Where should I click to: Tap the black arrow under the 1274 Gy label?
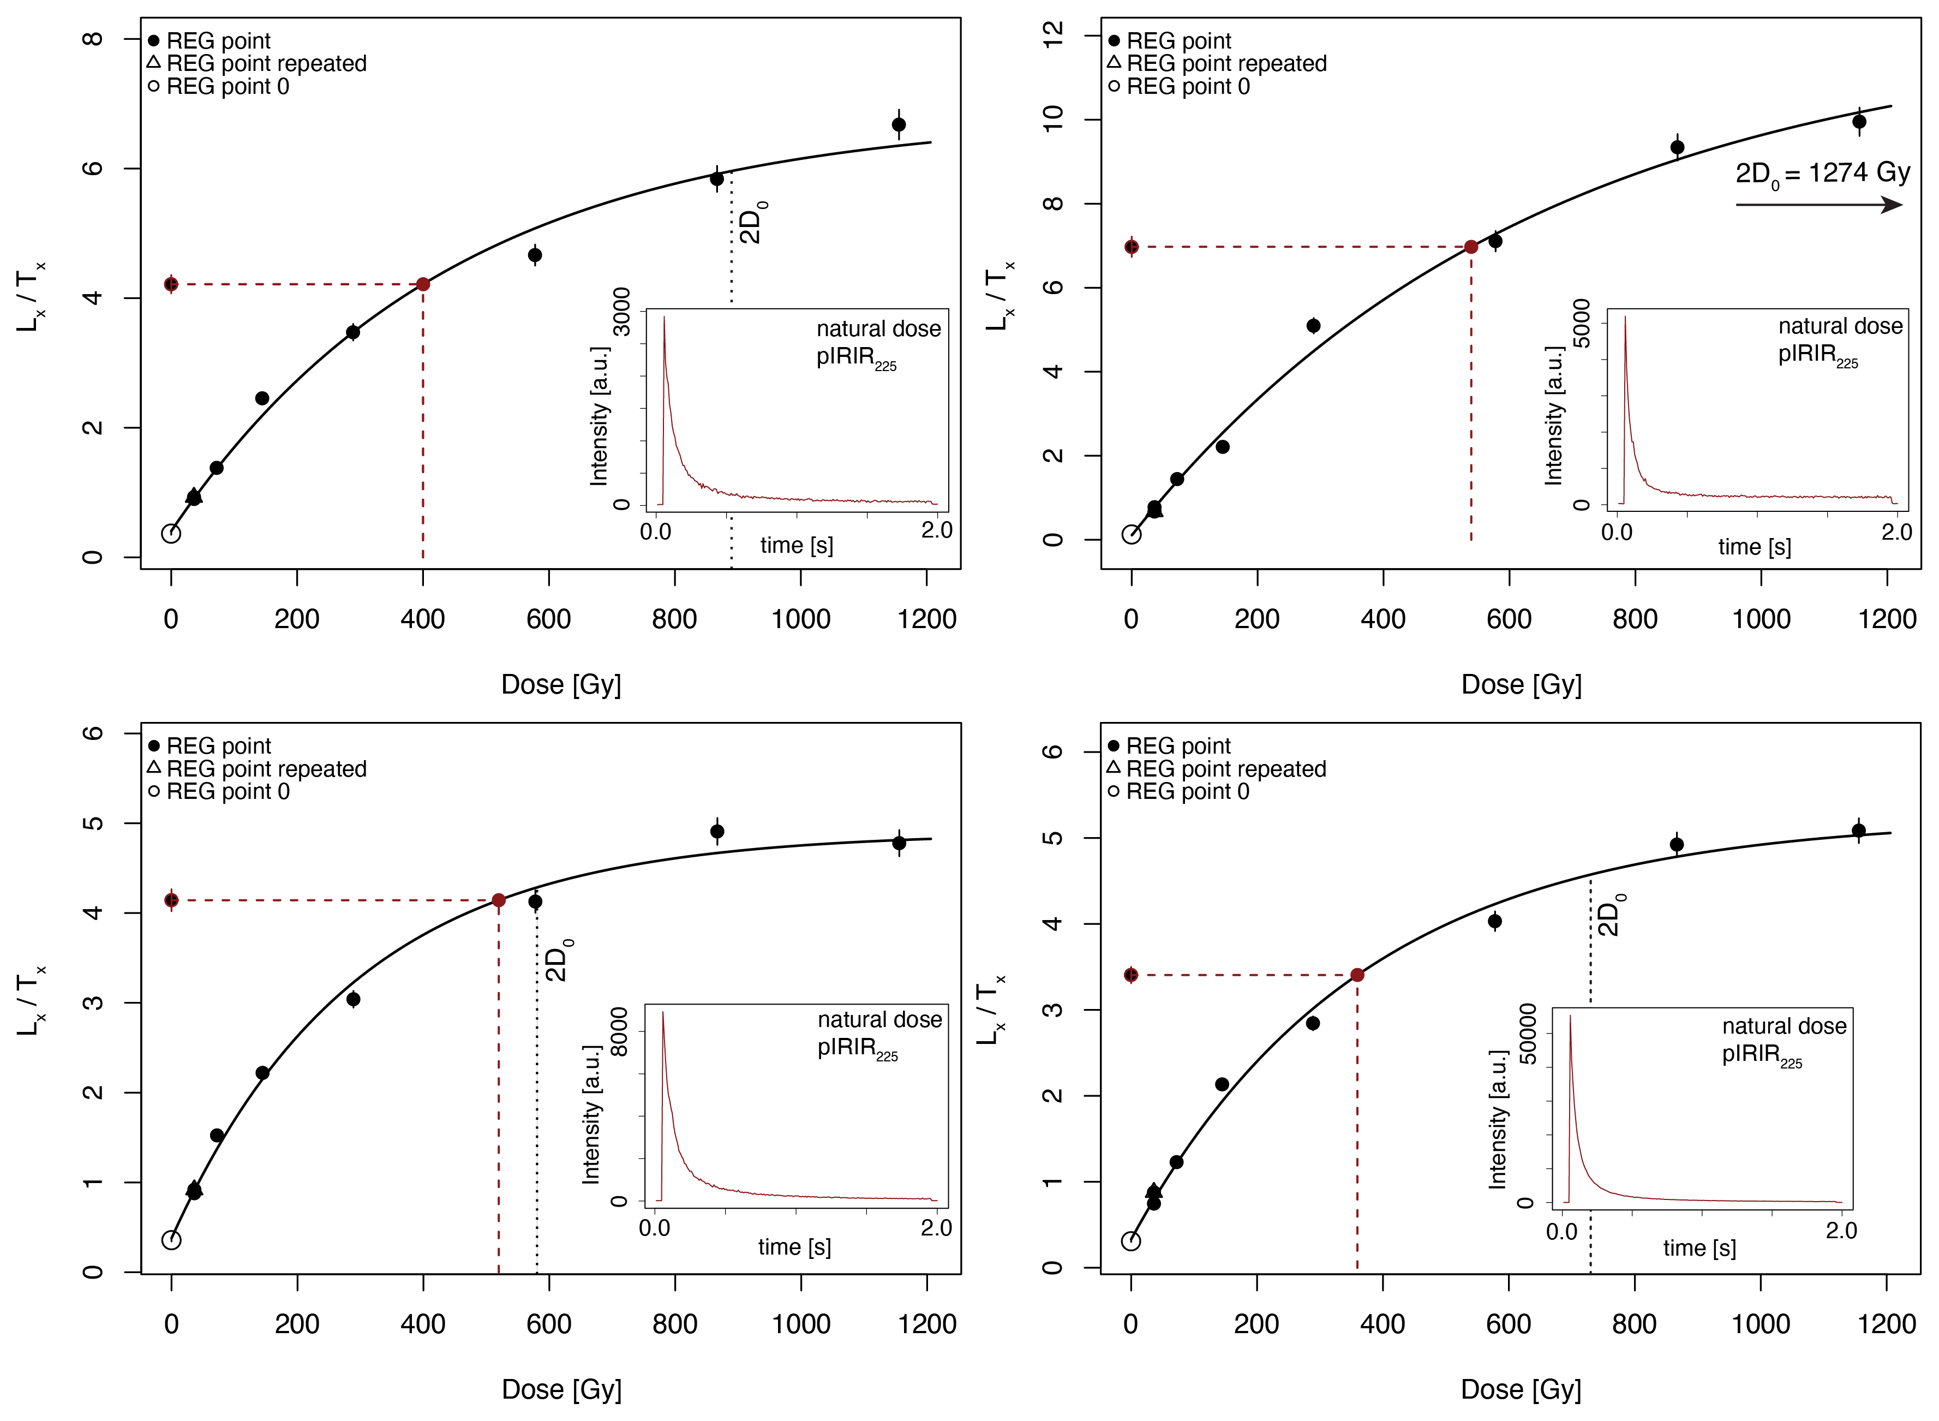(x=1818, y=205)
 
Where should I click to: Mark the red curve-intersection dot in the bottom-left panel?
(x=499, y=900)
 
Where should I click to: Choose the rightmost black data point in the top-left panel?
(x=899, y=125)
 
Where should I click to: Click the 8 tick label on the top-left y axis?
(x=93, y=39)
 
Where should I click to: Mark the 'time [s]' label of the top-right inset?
(x=1754, y=547)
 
